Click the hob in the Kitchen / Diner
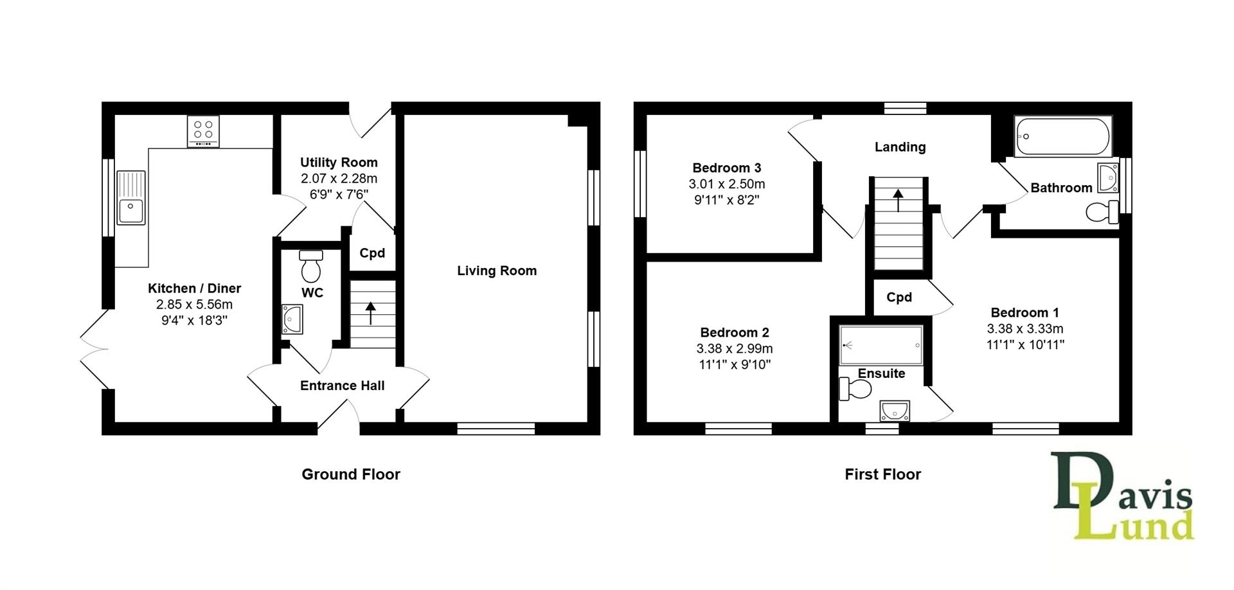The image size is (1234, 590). pyautogui.click(x=203, y=130)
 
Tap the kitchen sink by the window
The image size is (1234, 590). pyautogui.click(x=131, y=198)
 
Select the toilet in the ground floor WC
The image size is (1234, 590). pyautogui.click(x=311, y=267)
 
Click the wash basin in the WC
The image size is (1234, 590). pyautogui.click(x=292, y=319)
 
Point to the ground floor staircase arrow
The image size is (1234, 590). pyautogui.click(x=371, y=314)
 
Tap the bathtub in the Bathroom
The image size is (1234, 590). pyautogui.click(x=1062, y=136)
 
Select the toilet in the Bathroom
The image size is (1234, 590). pyautogui.click(x=1102, y=212)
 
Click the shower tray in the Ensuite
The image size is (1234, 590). pyautogui.click(x=881, y=346)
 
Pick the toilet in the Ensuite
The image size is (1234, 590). pyautogui.click(x=855, y=389)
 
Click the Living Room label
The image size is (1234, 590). pyautogui.click(x=497, y=271)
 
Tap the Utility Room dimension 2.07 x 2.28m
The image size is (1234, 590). pyautogui.click(x=339, y=179)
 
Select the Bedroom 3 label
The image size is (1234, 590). pyautogui.click(x=726, y=168)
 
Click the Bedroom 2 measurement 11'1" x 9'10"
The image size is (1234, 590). pyautogui.click(x=734, y=364)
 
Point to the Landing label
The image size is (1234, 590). pyautogui.click(x=900, y=147)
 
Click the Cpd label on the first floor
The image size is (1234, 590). pyautogui.click(x=899, y=297)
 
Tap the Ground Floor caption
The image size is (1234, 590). pyautogui.click(x=351, y=474)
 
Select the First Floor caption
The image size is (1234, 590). pyautogui.click(x=882, y=474)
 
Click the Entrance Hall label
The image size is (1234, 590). pyautogui.click(x=342, y=386)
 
